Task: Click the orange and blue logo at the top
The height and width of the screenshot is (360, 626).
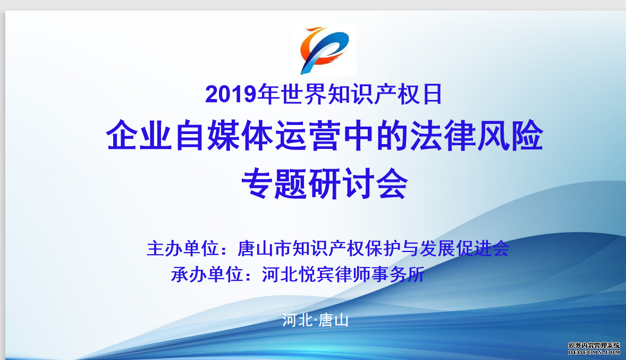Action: (324, 51)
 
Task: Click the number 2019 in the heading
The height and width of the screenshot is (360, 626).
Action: (231, 95)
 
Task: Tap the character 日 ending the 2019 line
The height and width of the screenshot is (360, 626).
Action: (432, 94)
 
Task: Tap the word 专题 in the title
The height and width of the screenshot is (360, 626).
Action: (274, 183)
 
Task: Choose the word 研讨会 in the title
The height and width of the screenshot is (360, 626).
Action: (358, 183)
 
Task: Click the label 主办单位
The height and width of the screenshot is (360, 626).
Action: (183, 248)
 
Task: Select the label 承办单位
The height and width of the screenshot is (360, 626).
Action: (207, 274)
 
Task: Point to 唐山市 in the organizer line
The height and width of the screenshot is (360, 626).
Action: (264, 248)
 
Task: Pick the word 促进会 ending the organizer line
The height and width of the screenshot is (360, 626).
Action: (483, 248)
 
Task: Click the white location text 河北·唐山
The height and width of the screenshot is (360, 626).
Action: (316, 320)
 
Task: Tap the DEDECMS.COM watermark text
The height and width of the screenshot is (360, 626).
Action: (595, 353)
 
